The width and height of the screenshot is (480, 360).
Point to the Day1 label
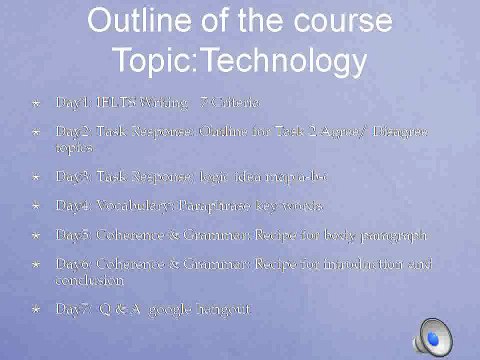(72, 102)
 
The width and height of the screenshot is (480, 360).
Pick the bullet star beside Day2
(36, 131)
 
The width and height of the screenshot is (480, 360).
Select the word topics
(73, 147)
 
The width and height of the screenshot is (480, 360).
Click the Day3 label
(72, 176)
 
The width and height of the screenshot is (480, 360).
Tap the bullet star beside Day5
(36, 236)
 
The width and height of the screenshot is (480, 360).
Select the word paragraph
(394, 236)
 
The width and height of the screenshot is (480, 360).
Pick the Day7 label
(72, 310)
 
